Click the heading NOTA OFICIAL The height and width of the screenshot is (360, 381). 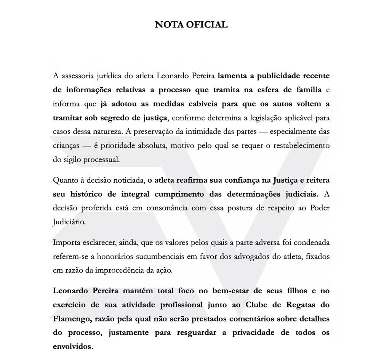(x=191, y=25)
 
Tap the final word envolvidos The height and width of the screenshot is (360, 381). (x=72, y=347)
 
